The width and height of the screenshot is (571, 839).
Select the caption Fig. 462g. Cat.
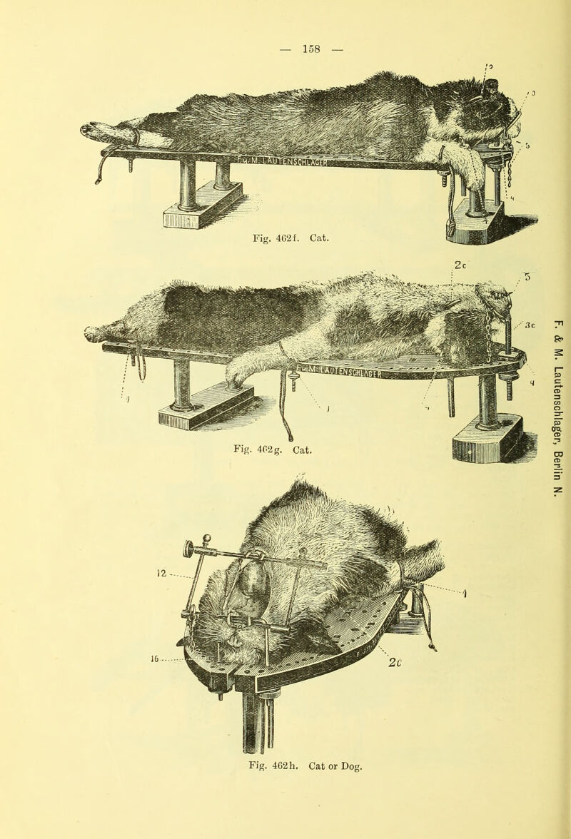(271, 450)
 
